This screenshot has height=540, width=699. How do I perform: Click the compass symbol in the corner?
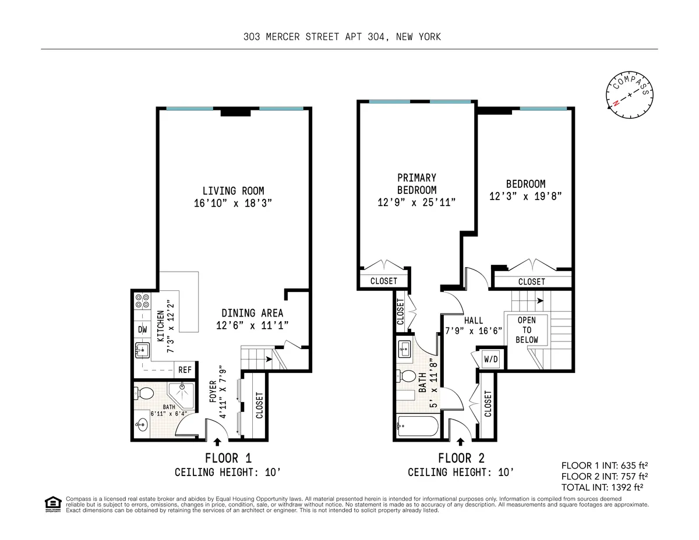[x=630, y=94]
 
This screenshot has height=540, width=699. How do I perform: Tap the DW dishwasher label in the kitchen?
[x=142, y=329]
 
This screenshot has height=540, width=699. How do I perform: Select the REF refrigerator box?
[x=185, y=370]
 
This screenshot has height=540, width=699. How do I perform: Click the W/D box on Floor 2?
[x=491, y=359]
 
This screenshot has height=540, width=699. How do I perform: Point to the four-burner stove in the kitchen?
[x=142, y=301]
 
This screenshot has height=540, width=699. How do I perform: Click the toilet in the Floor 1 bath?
[x=146, y=394]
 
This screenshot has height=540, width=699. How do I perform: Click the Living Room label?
[x=233, y=191]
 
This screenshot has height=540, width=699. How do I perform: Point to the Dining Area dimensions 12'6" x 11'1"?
[x=252, y=326]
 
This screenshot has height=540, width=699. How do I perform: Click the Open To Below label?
[x=527, y=330]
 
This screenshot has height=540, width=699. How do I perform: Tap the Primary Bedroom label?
[x=416, y=183]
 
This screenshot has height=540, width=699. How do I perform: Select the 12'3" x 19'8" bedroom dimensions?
[x=525, y=197]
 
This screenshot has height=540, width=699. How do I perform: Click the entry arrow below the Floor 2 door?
[x=461, y=444]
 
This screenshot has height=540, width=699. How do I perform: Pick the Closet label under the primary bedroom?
[x=384, y=281]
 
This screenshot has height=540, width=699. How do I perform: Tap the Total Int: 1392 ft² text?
[x=606, y=487]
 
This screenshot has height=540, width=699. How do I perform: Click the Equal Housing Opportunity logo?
[x=52, y=504]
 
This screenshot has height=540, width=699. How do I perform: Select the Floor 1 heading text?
[x=228, y=458]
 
